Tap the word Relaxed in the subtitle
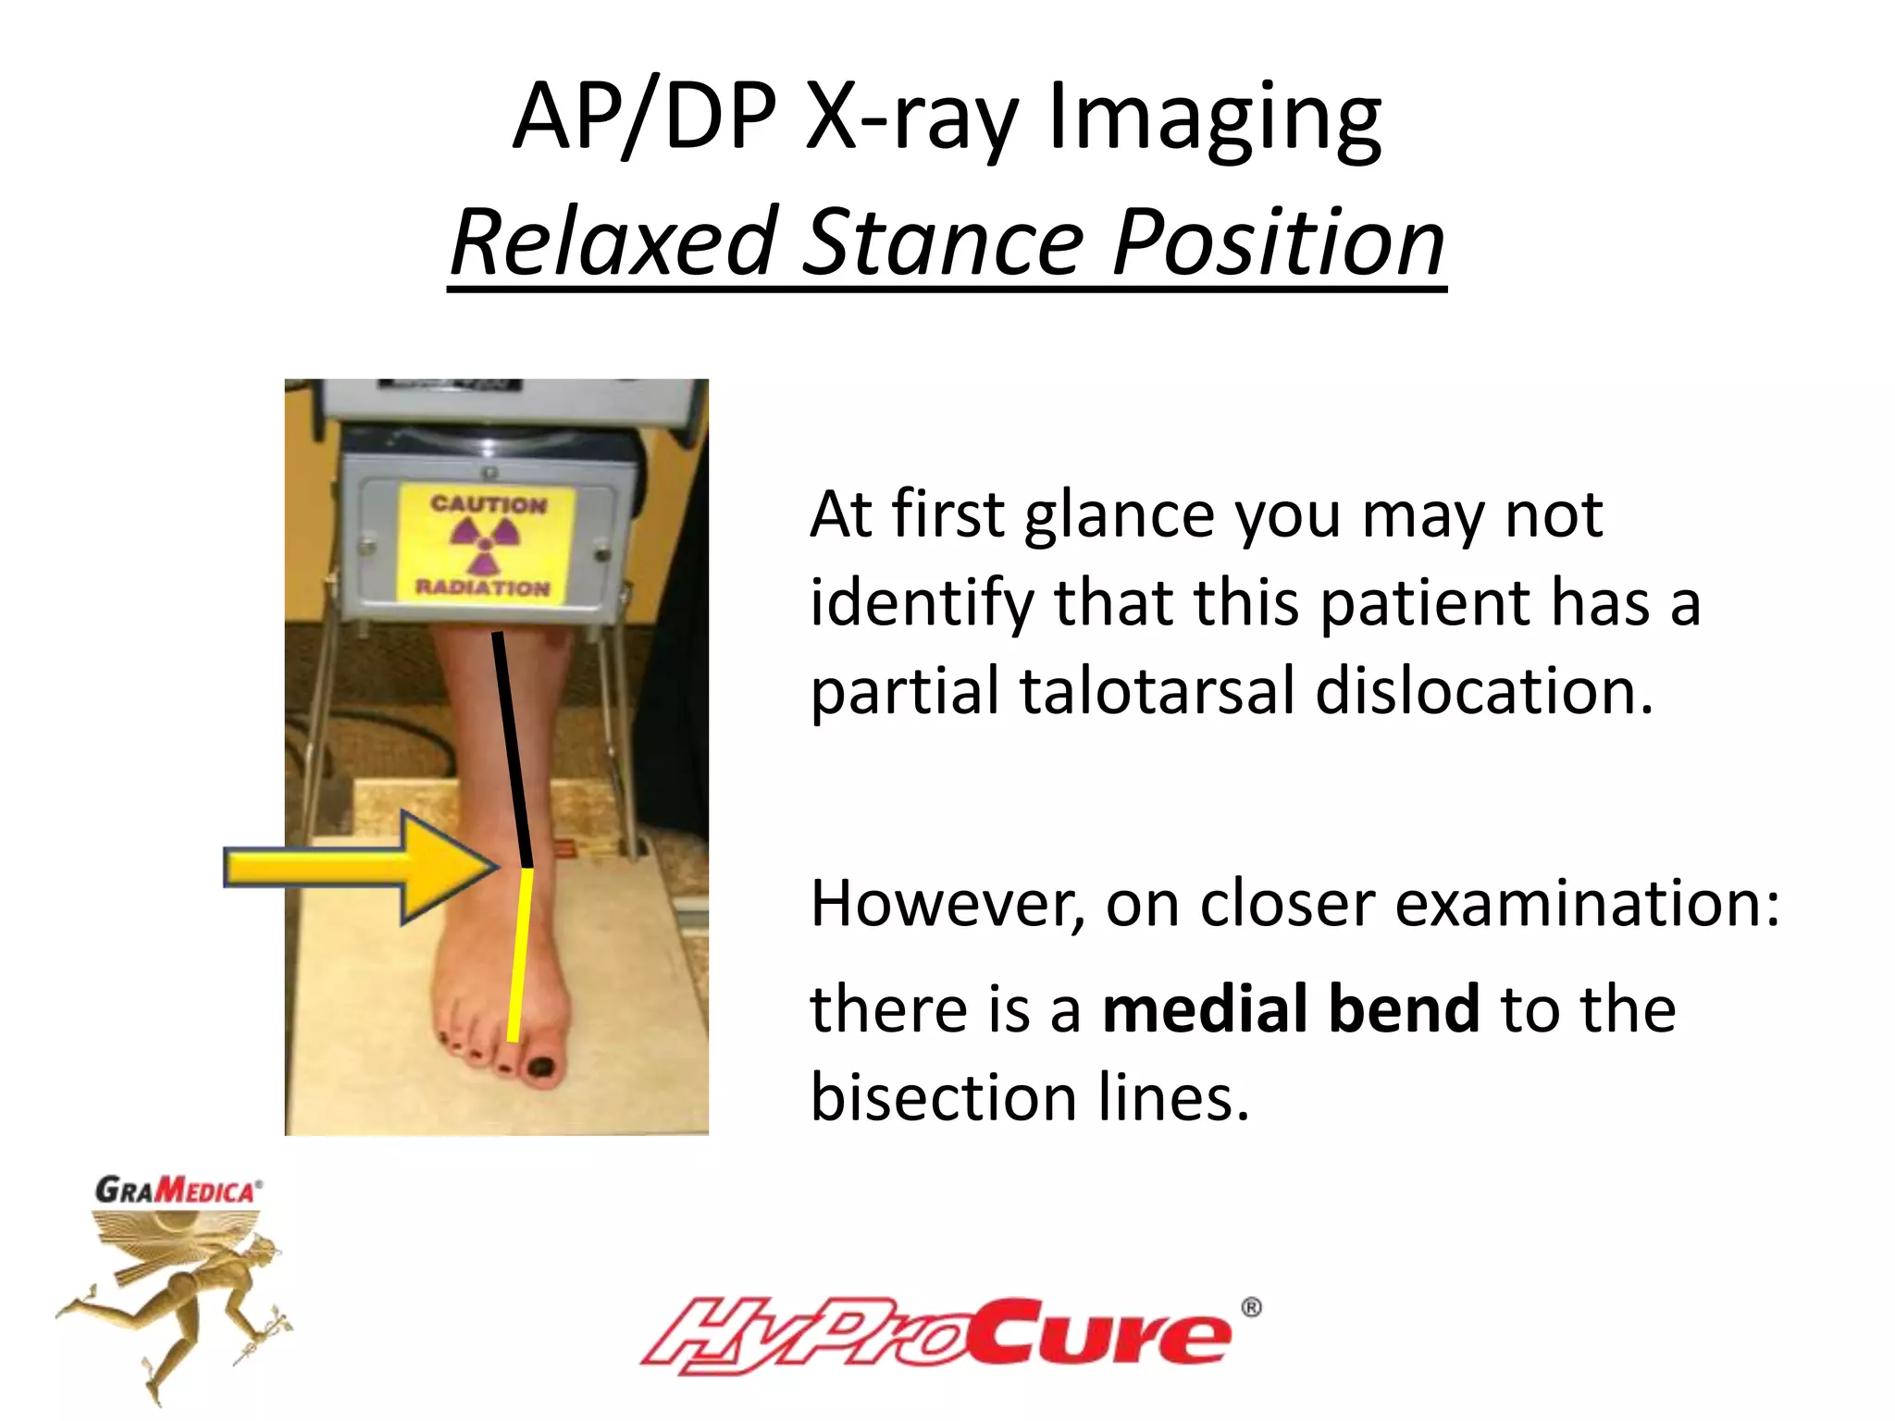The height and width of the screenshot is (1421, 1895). (612, 242)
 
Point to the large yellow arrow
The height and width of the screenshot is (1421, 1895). (361, 868)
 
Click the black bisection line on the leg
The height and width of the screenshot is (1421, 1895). (512, 749)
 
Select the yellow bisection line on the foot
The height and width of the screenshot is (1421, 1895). (520, 953)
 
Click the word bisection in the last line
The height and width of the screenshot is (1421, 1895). (943, 1098)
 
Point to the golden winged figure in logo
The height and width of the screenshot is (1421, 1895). (176, 1295)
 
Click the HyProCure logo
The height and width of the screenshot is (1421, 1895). (935, 1335)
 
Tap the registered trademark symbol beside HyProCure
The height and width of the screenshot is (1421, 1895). (1251, 1307)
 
